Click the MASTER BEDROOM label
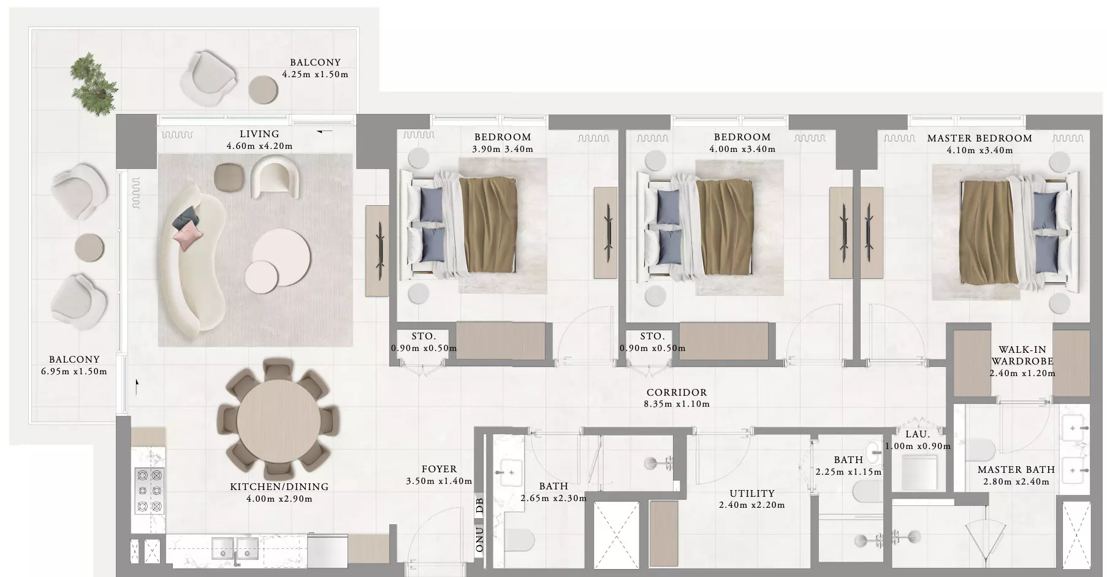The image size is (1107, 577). [x=980, y=138]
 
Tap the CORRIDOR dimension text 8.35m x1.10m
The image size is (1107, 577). [x=677, y=404]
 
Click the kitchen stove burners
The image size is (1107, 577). [x=149, y=490]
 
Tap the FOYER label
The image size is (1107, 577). [x=439, y=469]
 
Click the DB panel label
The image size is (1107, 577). [x=480, y=505]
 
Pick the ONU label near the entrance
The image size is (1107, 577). [x=480, y=539]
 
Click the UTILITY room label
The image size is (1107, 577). [x=752, y=494]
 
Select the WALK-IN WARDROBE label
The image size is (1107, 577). [x=1022, y=356]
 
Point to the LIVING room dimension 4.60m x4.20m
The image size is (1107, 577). [x=259, y=146]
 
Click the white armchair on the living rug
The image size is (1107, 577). [x=276, y=176]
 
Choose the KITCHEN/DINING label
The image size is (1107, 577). [x=279, y=487]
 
